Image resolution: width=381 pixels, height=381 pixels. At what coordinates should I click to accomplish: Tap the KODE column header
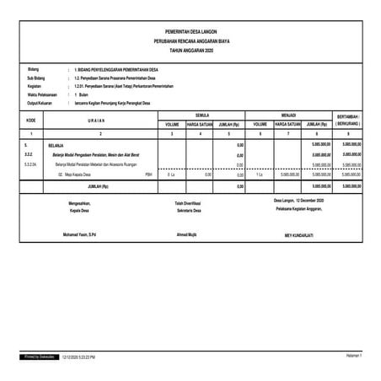[x=31, y=120]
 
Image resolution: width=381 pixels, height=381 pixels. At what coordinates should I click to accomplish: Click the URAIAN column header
[x=100, y=120]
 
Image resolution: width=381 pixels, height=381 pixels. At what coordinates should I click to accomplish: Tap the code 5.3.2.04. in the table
[x=30, y=164]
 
